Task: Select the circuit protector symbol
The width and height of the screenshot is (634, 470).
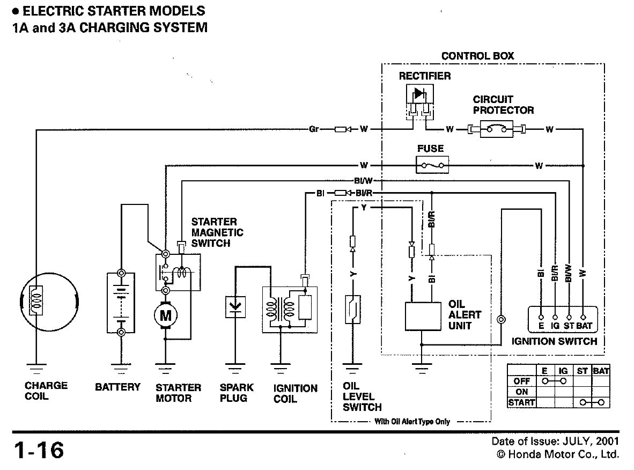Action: [497, 129]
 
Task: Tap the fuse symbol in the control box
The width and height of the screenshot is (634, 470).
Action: [432, 165]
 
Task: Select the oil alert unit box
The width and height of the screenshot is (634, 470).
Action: [422, 316]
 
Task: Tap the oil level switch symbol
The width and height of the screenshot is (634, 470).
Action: [352, 310]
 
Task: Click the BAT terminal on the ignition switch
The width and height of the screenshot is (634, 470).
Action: [583, 318]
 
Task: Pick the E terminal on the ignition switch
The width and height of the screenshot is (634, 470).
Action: [541, 318]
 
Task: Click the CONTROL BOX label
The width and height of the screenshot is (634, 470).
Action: [477, 56]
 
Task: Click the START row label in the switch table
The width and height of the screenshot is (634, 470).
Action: [521, 402]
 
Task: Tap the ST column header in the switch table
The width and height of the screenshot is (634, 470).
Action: [582, 371]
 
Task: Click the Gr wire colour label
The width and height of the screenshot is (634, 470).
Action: [314, 129]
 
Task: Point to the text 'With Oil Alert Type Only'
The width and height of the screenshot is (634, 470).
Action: [412, 422]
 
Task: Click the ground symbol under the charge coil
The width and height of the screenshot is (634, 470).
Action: [35, 369]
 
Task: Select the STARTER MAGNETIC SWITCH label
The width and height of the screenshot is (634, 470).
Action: [217, 232]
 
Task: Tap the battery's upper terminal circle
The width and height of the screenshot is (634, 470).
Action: [121, 273]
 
